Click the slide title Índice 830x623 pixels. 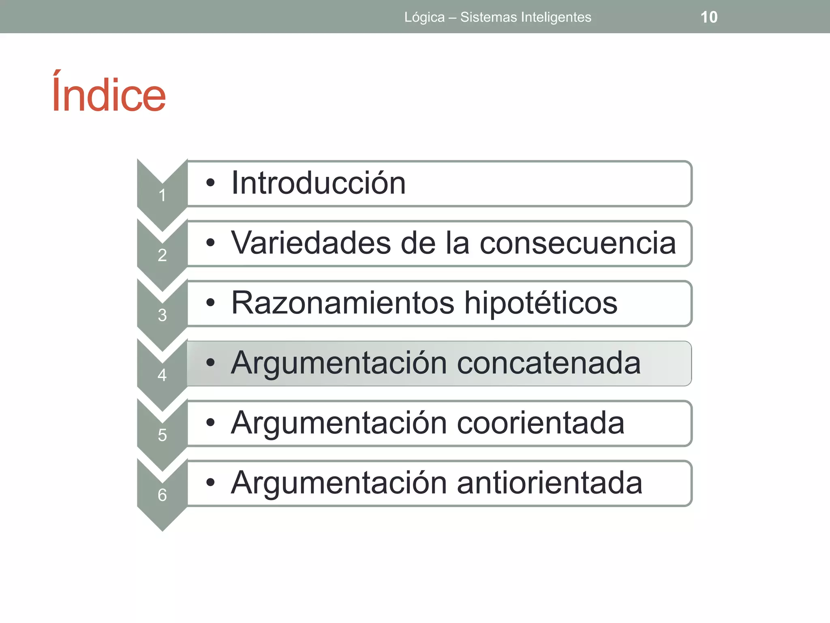click(x=109, y=93)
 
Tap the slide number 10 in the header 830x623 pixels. click(x=709, y=17)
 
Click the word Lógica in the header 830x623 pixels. click(x=424, y=17)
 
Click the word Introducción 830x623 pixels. click(x=318, y=183)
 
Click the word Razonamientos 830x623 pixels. click(x=343, y=303)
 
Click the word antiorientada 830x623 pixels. click(x=550, y=483)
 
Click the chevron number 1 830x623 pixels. click(x=162, y=195)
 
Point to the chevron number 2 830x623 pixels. click(x=162, y=256)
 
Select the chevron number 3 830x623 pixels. click(x=162, y=315)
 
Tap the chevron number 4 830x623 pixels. click(x=162, y=375)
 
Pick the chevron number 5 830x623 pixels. click(x=162, y=435)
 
